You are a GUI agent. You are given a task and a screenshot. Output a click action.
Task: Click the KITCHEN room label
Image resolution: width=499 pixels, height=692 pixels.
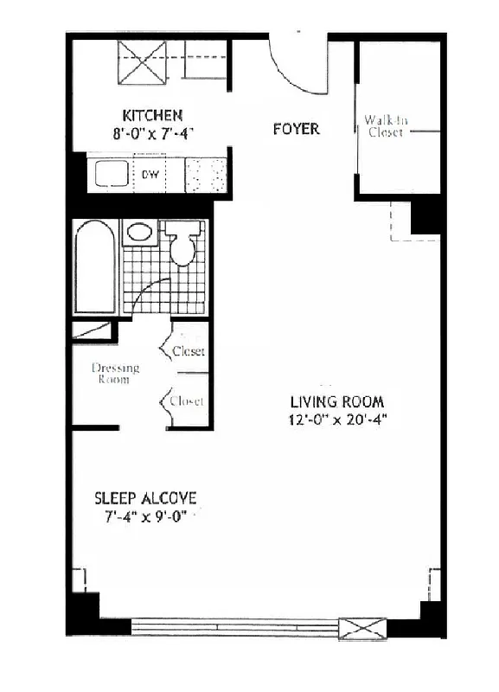pos(152,115)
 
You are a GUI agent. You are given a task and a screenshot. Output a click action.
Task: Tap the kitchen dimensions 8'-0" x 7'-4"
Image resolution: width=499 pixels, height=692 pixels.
pos(152,133)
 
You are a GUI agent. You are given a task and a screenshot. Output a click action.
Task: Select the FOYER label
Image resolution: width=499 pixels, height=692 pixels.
pos(296,130)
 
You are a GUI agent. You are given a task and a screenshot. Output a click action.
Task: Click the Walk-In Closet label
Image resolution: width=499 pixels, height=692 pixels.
pos(385,126)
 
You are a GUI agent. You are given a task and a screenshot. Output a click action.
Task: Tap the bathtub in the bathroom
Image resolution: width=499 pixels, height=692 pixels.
pos(95,268)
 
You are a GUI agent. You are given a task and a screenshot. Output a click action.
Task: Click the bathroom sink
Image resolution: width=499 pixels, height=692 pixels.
pos(139,232)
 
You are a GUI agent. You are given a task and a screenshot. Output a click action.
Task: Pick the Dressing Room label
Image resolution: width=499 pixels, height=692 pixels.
pos(115,374)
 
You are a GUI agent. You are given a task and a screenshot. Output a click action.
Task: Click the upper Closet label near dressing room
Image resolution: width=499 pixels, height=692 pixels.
pos(189,351)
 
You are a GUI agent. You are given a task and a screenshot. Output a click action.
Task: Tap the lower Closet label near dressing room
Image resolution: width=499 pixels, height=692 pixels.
pos(187,401)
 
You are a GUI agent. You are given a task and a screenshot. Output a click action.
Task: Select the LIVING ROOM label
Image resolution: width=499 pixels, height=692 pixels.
pos(336,402)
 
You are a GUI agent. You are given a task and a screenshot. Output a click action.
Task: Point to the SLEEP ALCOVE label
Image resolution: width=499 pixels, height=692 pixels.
pos(146,498)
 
